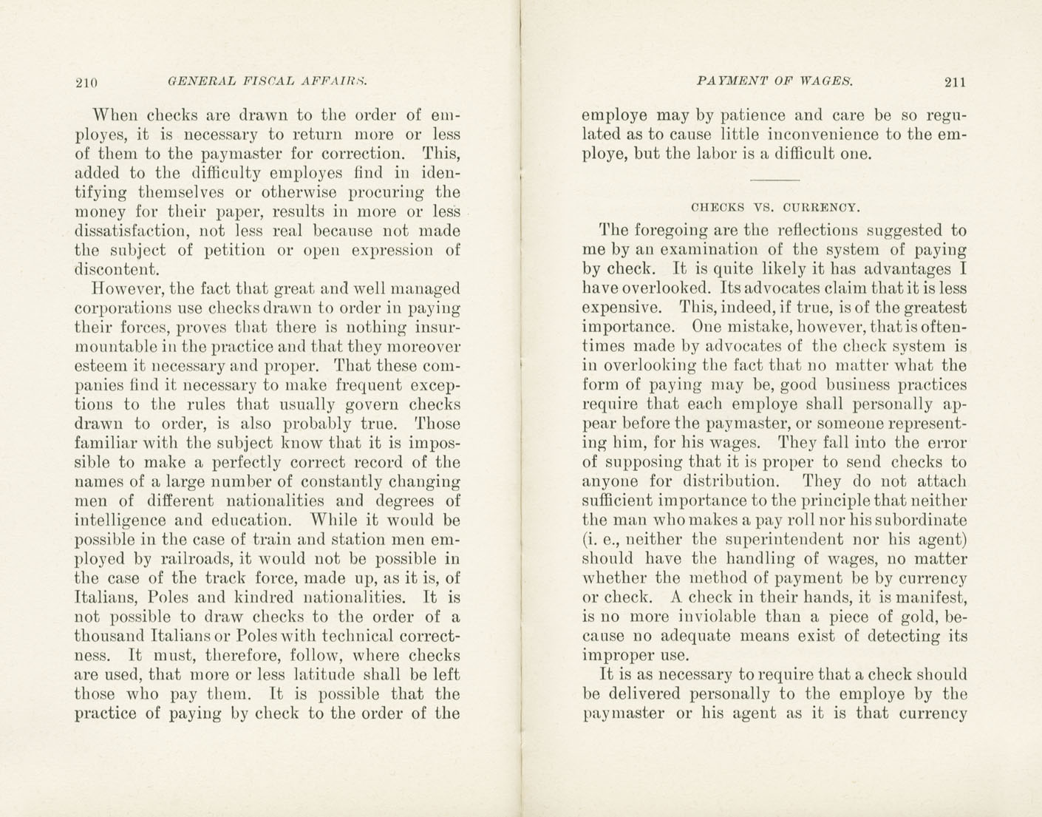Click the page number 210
click(87, 83)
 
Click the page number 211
click(954, 83)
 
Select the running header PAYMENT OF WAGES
click(774, 81)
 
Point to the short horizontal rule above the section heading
click(774, 180)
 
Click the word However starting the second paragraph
click(124, 288)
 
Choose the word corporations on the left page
click(120, 308)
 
